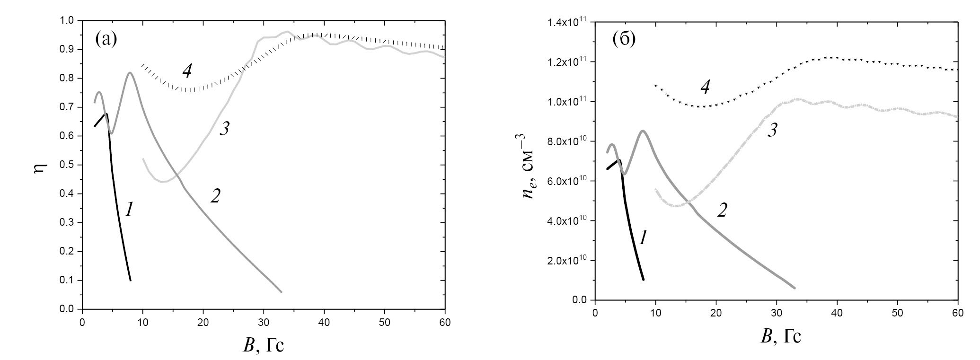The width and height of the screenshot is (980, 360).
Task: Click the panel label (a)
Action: [x=106, y=38]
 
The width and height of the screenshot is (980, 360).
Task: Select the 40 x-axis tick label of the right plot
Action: [x=837, y=313]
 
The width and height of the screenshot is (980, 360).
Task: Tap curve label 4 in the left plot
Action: [x=187, y=71]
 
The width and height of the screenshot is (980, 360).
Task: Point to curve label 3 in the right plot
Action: [x=772, y=131]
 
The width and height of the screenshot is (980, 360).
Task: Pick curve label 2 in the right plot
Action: [x=722, y=210]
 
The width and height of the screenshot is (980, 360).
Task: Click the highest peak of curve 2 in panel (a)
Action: [x=130, y=73]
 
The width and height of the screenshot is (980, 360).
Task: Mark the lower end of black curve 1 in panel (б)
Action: [x=644, y=280]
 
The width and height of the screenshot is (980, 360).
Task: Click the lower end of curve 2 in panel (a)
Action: [x=282, y=292]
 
